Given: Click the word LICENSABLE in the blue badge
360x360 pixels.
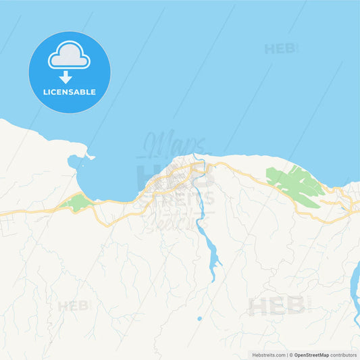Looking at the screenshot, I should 70,92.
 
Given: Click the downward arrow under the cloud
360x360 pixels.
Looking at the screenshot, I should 66,77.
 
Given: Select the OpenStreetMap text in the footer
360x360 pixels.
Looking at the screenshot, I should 311,355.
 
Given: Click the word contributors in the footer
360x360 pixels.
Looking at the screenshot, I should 343,355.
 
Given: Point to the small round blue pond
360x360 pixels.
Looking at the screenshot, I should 199,318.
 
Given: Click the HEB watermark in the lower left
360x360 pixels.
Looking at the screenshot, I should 73,306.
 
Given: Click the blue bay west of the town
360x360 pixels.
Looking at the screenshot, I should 108,179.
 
